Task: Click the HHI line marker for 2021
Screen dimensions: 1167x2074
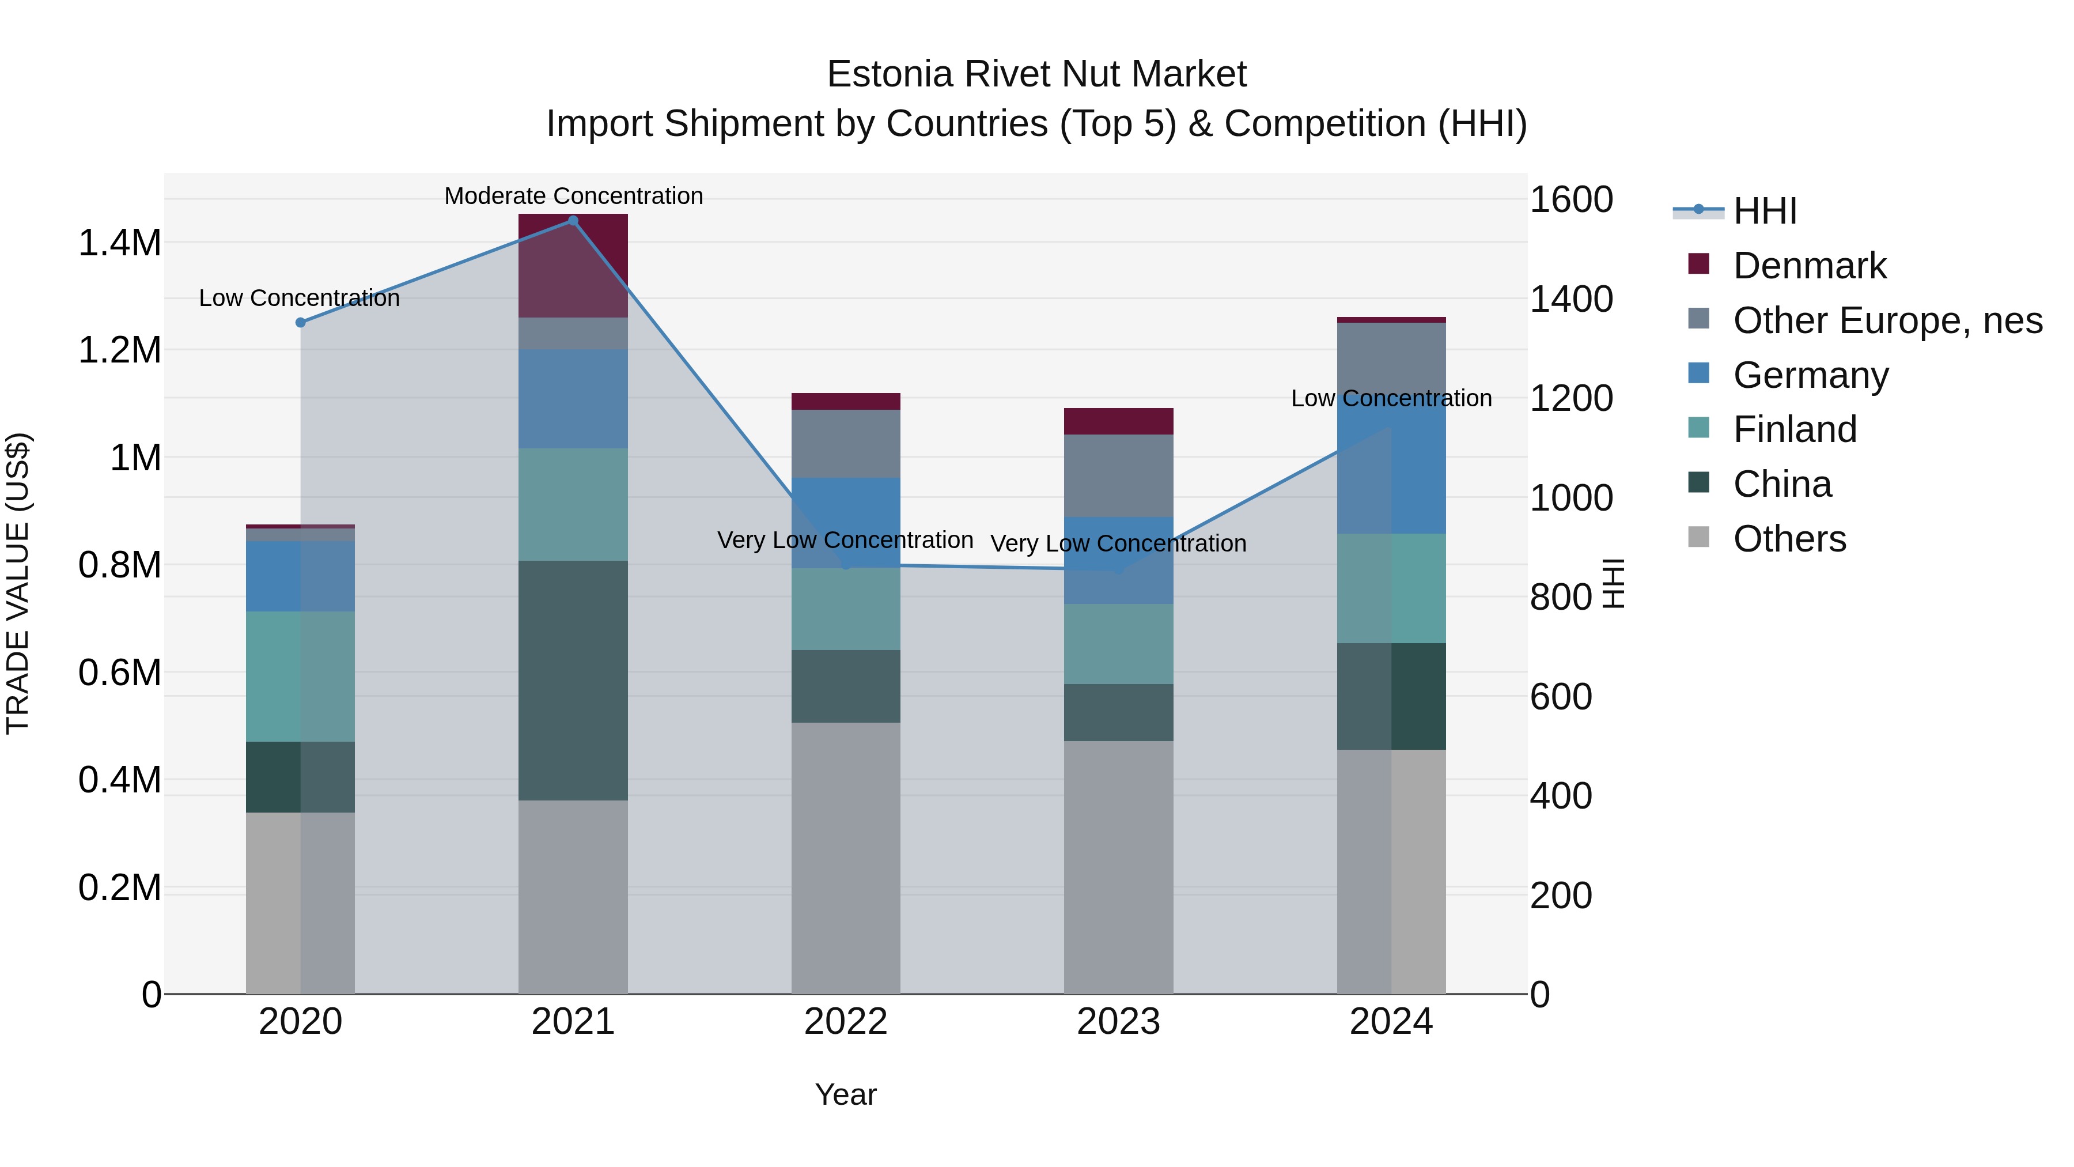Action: [x=573, y=221]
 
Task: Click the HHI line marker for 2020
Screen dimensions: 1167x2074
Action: [x=300, y=322]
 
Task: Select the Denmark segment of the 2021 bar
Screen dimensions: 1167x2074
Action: [x=573, y=265]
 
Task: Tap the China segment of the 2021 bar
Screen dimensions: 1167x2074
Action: [x=573, y=680]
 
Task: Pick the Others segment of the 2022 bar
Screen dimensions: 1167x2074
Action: [x=845, y=857]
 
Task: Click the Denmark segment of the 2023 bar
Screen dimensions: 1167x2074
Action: [x=1118, y=421]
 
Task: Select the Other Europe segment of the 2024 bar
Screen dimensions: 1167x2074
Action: [x=1391, y=354]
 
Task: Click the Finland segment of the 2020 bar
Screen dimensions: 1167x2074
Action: [x=300, y=676]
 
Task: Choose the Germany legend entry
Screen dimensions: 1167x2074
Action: [x=1810, y=375]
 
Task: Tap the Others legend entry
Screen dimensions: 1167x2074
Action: [x=1789, y=539]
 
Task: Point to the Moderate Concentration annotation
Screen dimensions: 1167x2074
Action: [x=573, y=196]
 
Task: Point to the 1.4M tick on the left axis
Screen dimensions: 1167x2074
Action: [x=119, y=243]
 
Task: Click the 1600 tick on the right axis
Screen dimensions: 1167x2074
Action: [x=1570, y=200]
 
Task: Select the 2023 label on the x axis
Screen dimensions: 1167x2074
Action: [x=1118, y=1022]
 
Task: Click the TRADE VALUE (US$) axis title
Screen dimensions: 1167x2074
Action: [x=18, y=583]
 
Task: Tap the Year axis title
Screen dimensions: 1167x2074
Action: [x=845, y=1094]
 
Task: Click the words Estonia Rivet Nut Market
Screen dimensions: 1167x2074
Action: [x=1036, y=74]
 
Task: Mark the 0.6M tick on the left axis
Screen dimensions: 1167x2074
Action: [x=119, y=673]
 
